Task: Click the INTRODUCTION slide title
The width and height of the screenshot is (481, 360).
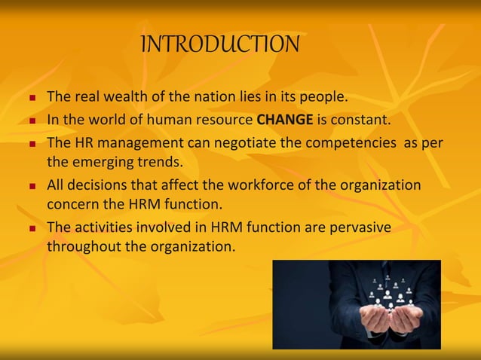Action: [x=220, y=44]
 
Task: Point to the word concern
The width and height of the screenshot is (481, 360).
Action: [x=72, y=205]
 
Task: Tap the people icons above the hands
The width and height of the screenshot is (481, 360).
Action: [x=389, y=290]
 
